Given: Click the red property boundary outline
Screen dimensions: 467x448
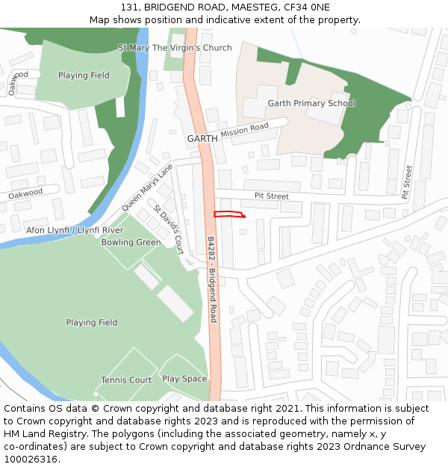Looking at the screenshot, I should coord(229,214).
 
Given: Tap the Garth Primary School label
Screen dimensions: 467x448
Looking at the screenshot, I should coord(311,103).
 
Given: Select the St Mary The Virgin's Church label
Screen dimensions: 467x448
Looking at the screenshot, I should coord(175,48).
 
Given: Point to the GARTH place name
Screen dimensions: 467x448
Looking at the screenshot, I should coord(202,139).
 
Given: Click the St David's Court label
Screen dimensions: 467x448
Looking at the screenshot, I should coord(169,227).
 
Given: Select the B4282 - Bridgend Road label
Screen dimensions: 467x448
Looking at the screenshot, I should coord(212,279).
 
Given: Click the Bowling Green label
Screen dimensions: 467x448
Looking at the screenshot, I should coord(131,242).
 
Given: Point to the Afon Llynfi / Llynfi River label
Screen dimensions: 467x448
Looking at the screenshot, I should coord(75,230).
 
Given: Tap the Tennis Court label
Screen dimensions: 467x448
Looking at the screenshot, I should coord(126,380).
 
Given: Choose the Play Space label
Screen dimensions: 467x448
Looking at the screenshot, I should coord(184,379).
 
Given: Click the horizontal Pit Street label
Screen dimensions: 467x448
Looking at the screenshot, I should coord(271,197).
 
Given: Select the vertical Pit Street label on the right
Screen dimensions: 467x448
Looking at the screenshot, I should coord(408,182).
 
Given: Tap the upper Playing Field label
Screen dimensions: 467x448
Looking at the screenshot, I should coord(84,75).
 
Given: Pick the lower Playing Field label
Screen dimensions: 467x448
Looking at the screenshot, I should coord(92,323).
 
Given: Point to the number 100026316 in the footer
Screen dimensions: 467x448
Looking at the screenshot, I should coord(30,459).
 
